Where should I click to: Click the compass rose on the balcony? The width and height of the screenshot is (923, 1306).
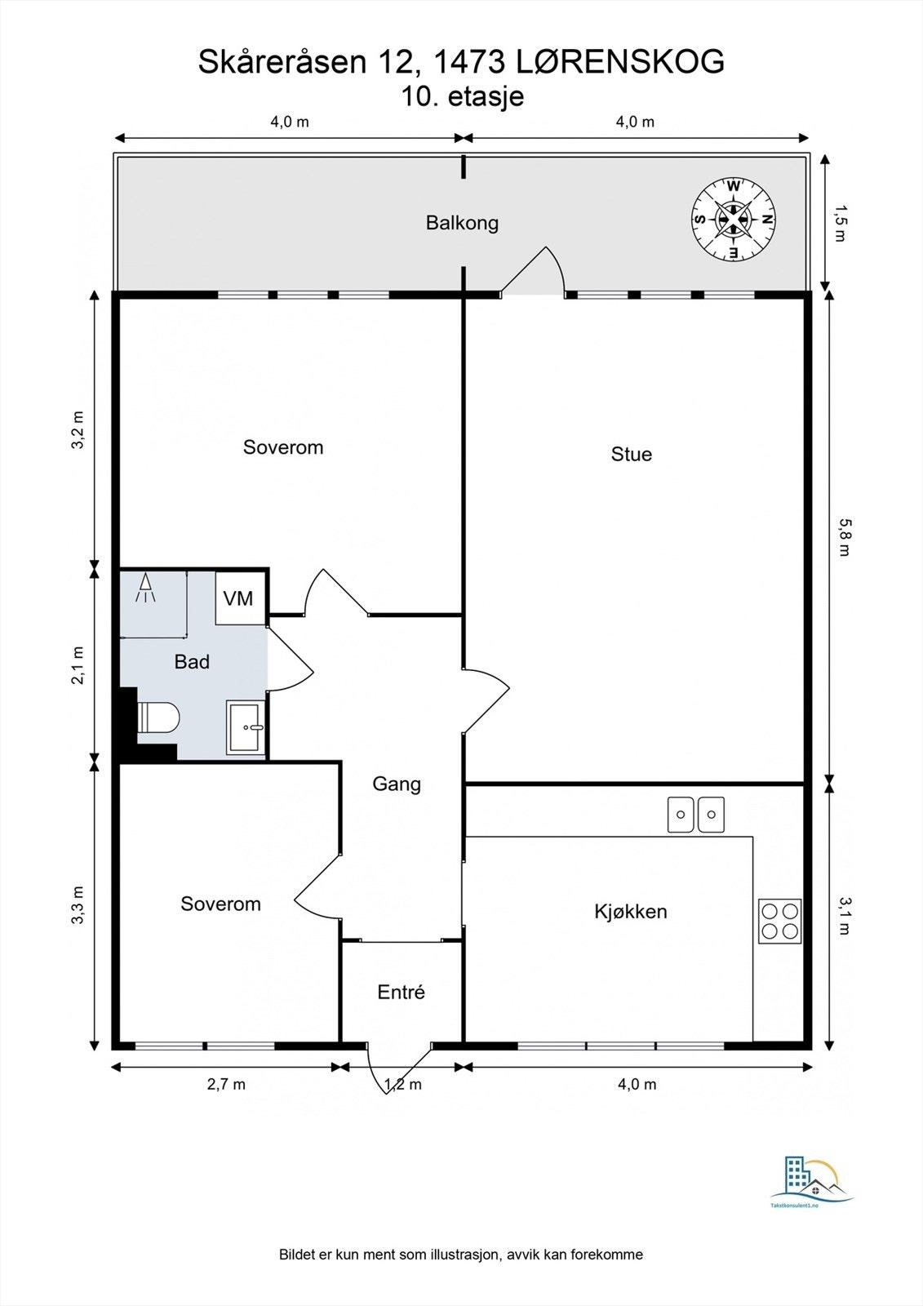pos(734,220)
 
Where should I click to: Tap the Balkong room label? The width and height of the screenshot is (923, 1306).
pos(462,223)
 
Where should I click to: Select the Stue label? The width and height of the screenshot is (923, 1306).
pos(632,454)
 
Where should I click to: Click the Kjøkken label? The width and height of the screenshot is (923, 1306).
pos(630,911)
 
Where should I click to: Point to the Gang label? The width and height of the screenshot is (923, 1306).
pos(397,784)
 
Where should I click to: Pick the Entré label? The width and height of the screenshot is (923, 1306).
pos(402,992)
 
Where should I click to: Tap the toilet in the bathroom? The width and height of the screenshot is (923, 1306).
pos(158,717)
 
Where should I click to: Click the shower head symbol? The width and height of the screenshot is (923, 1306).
pos(146,587)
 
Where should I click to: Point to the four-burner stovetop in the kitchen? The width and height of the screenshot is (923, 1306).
pos(779,922)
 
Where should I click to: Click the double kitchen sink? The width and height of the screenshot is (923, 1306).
pos(695,815)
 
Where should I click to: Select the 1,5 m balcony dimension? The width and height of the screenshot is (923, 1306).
pos(840,224)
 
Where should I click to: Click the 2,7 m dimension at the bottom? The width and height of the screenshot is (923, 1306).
pos(226,1085)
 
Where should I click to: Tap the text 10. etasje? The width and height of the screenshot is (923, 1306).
pos(462,96)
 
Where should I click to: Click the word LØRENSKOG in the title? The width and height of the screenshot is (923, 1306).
pos(621,61)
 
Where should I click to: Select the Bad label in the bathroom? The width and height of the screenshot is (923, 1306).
pos(192,662)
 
